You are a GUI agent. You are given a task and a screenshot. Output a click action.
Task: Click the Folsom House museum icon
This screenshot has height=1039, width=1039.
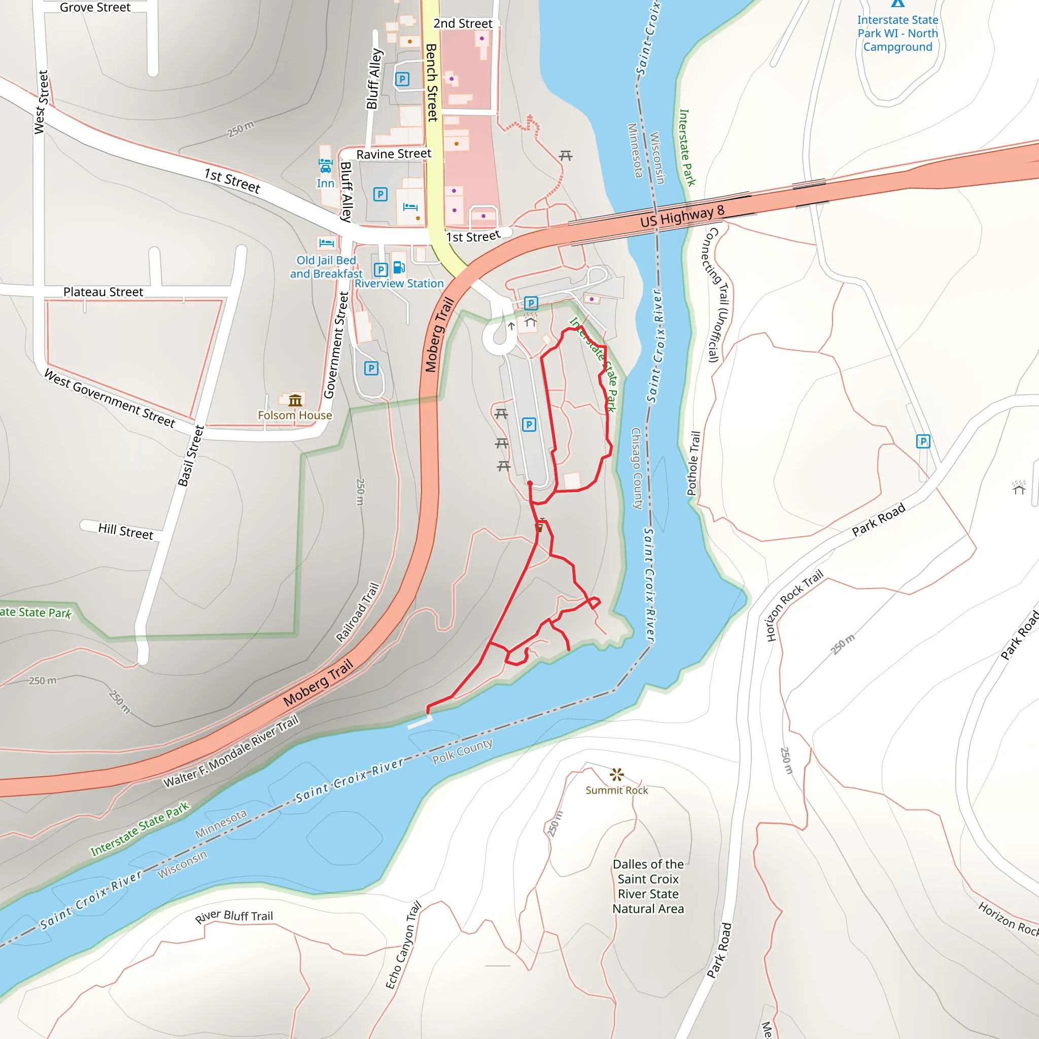coord(295,400)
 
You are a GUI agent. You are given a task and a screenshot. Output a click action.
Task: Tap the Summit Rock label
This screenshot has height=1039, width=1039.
coord(616,790)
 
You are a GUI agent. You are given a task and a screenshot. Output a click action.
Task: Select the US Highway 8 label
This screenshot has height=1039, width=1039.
coord(682,216)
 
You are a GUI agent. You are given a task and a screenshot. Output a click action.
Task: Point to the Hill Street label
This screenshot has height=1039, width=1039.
coord(126,531)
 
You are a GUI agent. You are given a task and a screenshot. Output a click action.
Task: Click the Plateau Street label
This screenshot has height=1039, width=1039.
coord(103,292)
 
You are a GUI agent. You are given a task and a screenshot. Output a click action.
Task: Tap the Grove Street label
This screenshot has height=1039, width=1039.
coord(95,8)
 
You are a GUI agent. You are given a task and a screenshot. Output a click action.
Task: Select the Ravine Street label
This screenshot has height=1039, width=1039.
coord(394,154)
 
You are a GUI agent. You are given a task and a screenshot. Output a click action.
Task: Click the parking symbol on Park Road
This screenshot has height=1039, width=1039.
coord(923,441)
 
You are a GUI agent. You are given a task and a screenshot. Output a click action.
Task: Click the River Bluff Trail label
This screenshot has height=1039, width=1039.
coord(234,916)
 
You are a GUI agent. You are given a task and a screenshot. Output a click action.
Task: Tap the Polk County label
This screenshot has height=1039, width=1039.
coord(462,751)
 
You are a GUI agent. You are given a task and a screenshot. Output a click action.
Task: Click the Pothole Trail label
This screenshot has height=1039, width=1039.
coord(694,463)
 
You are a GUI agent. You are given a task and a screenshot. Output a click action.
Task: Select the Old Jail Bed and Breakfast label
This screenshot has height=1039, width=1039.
coord(326,267)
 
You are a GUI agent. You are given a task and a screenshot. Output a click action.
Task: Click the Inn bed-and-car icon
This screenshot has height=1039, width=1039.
coord(325,165)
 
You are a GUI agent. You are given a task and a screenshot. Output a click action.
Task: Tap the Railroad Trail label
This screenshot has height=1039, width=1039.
coord(358,612)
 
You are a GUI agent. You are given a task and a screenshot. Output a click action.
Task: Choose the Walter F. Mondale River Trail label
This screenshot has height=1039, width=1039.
coord(231,751)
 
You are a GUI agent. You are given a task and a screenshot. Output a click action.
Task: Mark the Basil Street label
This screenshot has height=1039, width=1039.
coord(191,456)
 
